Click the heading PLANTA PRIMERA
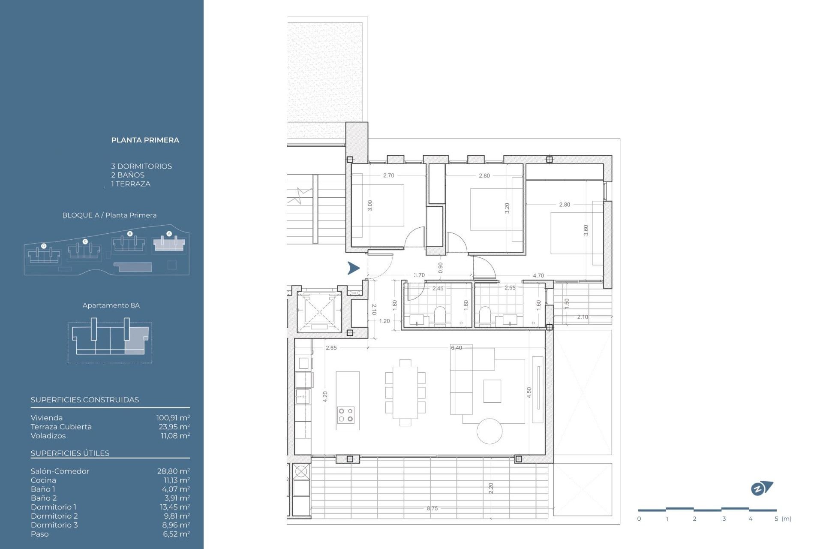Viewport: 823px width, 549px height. (145, 140)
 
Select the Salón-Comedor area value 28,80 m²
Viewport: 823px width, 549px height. (173, 471)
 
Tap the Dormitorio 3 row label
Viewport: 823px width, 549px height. (54, 525)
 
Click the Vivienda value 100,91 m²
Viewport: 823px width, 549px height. (173, 417)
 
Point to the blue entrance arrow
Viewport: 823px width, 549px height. (353, 268)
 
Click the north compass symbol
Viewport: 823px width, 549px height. (762, 488)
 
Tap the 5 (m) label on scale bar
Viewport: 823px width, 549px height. (783, 519)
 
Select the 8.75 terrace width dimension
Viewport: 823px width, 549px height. (432, 508)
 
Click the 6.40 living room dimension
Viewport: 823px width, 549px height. (457, 348)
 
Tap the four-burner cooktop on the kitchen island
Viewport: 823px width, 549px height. (345, 415)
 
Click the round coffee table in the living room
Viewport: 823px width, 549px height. (490, 431)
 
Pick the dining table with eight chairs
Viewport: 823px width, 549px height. (405, 392)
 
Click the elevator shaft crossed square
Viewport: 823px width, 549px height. (319, 310)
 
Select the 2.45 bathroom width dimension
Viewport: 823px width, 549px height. (438, 288)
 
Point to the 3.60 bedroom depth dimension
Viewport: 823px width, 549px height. (586, 230)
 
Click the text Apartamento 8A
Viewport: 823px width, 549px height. (111, 305)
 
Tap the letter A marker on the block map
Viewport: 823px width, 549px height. (169, 234)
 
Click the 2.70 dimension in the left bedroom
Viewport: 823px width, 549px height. (388, 175)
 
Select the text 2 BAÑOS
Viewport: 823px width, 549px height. (128, 175)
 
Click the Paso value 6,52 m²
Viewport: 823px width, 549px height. (176, 534)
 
